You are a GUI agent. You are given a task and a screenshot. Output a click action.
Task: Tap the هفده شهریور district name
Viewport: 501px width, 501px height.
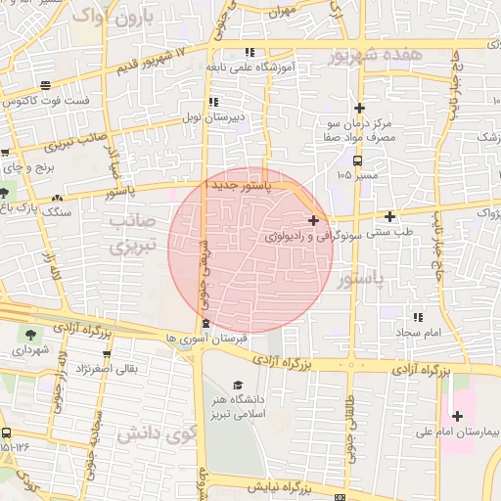[x=376, y=55]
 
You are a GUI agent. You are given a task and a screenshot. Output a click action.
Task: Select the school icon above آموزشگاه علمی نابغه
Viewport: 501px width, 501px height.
[x=250, y=52]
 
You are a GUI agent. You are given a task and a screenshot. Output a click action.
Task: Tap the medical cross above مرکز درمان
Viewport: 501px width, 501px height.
[x=360, y=108]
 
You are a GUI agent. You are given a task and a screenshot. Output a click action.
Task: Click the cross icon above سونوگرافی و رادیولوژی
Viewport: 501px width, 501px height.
[x=313, y=221]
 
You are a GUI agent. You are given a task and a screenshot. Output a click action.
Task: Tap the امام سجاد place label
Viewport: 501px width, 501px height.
[x=422, y=333]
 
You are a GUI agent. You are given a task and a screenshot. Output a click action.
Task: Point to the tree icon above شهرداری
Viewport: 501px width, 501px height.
[x=28, y=334]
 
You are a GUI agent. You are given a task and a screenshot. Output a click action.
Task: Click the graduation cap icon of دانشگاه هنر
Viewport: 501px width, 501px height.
[x=239, y=386]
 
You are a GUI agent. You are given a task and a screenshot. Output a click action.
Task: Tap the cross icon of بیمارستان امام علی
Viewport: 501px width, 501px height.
[x=457, y=416]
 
